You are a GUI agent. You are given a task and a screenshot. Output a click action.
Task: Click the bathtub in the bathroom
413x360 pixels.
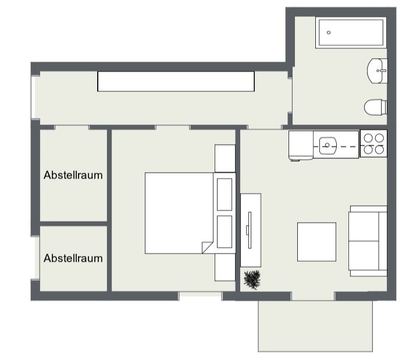pos(351,33)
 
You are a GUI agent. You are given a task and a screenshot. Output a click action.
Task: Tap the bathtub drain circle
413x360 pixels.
pos(329,33)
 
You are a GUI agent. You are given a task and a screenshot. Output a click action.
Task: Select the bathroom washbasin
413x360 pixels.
pos(377,71)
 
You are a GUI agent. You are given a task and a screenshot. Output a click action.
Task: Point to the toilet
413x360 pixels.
pos(376,107)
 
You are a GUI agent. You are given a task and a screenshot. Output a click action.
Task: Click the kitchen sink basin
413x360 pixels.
pos(328,145)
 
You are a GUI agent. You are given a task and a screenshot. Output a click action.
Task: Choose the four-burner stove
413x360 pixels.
pos(373,144)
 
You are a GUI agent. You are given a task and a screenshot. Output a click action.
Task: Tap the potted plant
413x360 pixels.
pos(252,279)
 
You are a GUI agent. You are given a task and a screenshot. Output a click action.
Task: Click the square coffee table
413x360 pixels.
pos(316,242)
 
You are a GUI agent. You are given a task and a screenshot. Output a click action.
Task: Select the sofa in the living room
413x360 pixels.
pos(368,241)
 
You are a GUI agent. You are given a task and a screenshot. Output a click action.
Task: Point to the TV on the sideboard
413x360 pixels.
pos(249,230)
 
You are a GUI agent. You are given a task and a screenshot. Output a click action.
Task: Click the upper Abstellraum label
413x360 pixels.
pos(73,175)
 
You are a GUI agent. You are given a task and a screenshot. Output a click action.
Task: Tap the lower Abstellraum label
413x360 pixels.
pos(73,258)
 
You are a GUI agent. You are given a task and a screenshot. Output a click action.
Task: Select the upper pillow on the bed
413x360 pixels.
pos(225,194)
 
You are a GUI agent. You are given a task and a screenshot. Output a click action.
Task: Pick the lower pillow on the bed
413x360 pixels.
pos(225,231)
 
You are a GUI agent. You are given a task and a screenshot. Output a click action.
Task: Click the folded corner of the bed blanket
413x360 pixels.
pos(206,248)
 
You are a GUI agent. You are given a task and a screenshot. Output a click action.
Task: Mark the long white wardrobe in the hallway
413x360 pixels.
pos(176,81)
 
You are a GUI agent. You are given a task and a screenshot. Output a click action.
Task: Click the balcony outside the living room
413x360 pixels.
pos(315,326)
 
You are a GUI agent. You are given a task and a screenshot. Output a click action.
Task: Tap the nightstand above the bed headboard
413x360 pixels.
pos(225,159)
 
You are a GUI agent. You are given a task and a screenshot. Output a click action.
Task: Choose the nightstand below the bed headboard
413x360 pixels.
pos(225,268)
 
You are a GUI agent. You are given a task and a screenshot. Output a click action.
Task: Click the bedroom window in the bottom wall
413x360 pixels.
pos(201,296)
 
